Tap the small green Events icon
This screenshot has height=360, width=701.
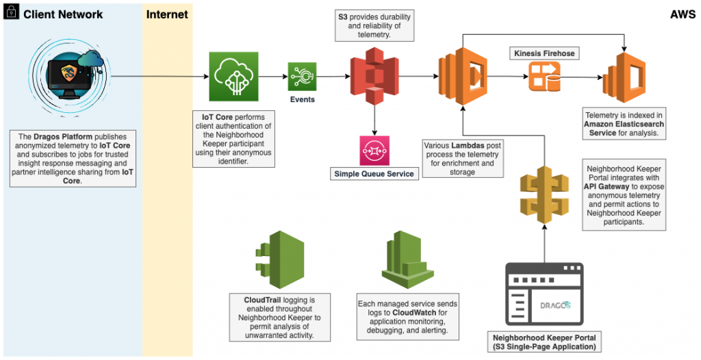[302, 77]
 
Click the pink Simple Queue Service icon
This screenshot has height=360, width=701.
[374, 151]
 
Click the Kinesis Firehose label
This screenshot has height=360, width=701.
[543, 53]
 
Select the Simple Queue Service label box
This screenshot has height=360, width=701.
[374, 174]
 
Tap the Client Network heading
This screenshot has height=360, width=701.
[63, 14]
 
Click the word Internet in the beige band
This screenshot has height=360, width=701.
[168, 14]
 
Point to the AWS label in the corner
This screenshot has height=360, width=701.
[682, 14]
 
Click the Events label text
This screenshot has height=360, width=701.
[302, 100]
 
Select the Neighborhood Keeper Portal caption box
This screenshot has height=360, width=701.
[544, 342]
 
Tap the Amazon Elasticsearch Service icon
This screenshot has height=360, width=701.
[624, 77]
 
